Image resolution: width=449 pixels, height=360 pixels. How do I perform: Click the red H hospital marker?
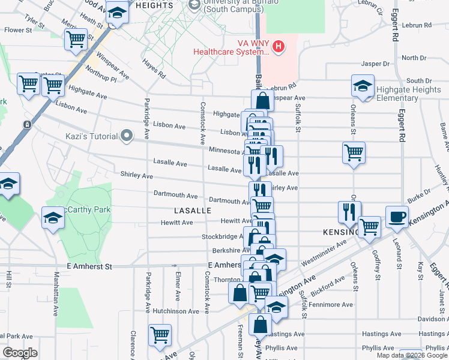(x=278, y=46)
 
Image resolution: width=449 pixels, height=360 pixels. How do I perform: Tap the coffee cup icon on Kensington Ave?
(x=397, y=217)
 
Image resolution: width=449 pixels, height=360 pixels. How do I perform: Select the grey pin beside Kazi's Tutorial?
(x=126, y=136)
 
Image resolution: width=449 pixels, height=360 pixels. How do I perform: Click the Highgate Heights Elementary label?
(x=408, y=94)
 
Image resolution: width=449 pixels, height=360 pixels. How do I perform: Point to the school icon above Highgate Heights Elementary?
(x=363, y=86)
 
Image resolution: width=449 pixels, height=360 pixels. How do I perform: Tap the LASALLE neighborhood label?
(x=193, y=211)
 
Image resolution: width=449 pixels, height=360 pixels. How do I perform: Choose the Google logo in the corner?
(x=20, y=353)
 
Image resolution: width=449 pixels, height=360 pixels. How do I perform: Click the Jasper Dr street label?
(x=376, y=64)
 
